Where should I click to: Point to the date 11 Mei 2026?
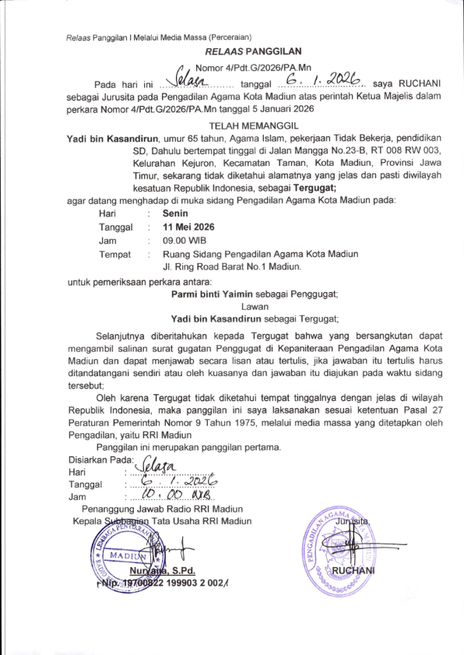(x=188, y=227)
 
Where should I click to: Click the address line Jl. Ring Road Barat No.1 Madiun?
(x=231, y=267)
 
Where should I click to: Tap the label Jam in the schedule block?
(x=107, y=241)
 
